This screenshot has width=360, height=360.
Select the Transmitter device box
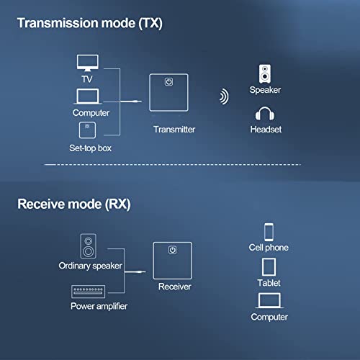point(168,94)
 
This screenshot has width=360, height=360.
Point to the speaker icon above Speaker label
point(265,73)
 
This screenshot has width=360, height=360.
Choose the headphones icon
point(265,114)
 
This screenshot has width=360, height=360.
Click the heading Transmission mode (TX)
point(90,23)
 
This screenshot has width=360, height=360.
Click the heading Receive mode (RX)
point(73,204)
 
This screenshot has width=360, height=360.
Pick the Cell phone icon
point(269,231)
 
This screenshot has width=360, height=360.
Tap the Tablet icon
point(268,267)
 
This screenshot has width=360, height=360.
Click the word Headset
point(265,130)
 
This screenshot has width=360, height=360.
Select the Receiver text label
point(174,287)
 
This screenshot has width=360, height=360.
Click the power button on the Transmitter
point(168,82)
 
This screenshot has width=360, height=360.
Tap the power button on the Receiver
point(172,251)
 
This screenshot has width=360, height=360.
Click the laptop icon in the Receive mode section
point(269,300)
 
